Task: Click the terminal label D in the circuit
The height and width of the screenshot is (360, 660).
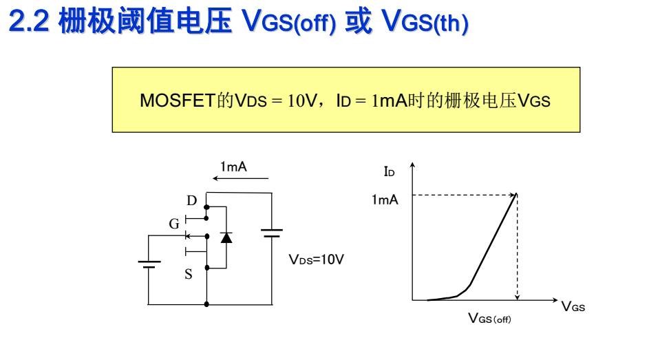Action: click(x=192, y=201)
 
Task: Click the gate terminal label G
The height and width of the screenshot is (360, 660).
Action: click(x=174, y=224)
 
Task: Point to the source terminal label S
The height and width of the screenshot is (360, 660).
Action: click(x=188, y=274)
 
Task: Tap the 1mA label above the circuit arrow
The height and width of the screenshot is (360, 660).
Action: click(x=233, y=167)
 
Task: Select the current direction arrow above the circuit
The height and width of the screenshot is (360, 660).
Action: click(x=241, y=179)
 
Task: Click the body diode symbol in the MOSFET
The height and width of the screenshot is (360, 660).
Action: click(x=226, y=237)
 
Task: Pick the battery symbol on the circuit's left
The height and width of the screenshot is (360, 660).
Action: click(x=149, y=263)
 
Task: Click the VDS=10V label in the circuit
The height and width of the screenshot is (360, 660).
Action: click(x=316, y=261)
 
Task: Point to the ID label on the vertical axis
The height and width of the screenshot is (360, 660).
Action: click(x=389, y=171)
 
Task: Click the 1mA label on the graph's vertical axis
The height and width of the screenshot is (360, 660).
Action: click(x=385, y=200)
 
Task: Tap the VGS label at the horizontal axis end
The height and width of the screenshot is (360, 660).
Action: click(x=573, y=307)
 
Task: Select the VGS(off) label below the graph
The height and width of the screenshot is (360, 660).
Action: click(x=490, y=318)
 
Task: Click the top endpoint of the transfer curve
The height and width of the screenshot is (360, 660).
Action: click(x=516, y=195)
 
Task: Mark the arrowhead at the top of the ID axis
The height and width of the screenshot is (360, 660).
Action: click(x=412, y=166)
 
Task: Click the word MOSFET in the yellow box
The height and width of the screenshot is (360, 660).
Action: click(x=171, y=101)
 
